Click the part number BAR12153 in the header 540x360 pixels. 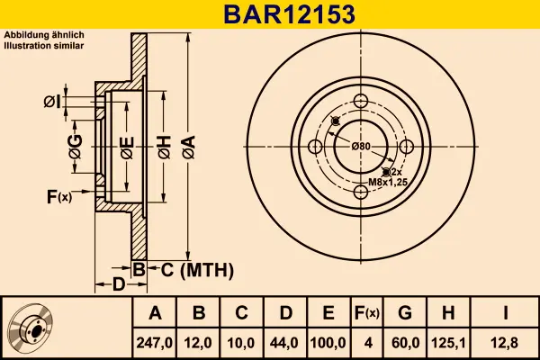[289, 14]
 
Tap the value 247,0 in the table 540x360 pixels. [154, 343]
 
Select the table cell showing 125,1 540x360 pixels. [448, 343]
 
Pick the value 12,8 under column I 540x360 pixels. [505, 343]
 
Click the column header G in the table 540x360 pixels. [405, 313]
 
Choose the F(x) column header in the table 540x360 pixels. [367, 313]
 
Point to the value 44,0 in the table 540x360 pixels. [284, 343]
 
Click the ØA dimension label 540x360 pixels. [189, 147]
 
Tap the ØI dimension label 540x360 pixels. [52, 102]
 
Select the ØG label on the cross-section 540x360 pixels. [76, 147]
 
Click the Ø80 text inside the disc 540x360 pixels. [361, 147]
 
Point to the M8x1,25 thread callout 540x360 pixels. [388, 182]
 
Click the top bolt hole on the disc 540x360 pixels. [361, 101]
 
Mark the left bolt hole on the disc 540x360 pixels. [315, 147]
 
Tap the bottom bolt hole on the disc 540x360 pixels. [361, 192]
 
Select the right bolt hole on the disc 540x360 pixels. [407, 147]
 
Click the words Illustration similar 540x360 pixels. [44, 46]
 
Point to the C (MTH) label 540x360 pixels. [197, 270]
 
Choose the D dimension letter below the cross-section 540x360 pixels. [119, 285]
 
